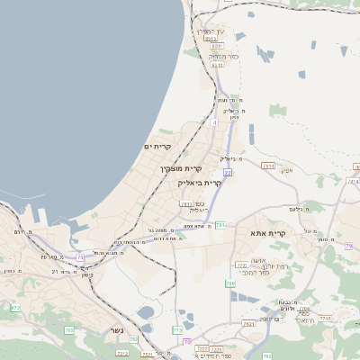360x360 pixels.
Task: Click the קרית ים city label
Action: [x=157, y=147]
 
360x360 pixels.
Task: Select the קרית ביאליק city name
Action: [x=199, y=183]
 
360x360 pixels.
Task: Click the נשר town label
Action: [x=116, y=329]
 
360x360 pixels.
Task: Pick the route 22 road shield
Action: [x=228, y=173]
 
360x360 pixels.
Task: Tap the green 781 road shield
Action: [x=220, y=224]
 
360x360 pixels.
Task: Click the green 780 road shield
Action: [x=230, y=284]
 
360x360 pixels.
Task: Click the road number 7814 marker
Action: [x=268, y=166]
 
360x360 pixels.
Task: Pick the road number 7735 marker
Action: [x=325, y=319]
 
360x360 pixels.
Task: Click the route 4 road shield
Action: [x=214, y=122]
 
